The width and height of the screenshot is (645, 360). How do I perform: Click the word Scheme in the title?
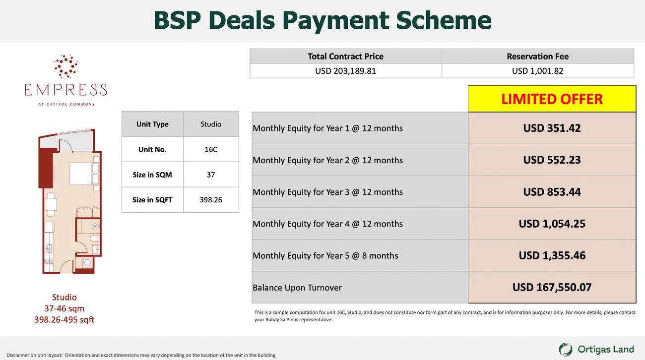coord(444,20)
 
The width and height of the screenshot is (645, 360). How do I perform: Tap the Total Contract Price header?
coord(345,57)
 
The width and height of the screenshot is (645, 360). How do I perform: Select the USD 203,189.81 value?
coord(345,71)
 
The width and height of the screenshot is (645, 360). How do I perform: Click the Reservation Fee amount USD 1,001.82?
coord(538,71)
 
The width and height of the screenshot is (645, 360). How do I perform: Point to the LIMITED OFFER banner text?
coord(552,99)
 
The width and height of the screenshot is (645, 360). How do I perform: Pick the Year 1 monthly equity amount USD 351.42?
coord(552,128)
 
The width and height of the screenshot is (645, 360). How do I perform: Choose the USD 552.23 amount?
coord(552,160)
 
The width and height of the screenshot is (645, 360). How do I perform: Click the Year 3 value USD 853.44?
coord(552,192)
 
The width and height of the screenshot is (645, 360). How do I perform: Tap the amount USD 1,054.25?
coord(552,224)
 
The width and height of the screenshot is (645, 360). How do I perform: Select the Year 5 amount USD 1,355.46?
coord(552,255)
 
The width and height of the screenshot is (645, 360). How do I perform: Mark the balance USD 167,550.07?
coord(552,287)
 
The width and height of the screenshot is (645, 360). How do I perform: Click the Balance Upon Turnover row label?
coord(297,288)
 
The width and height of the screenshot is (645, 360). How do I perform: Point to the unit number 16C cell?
coord(211,149)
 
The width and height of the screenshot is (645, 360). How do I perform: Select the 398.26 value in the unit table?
coord(211,200)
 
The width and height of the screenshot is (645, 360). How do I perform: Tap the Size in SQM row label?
coord(152,175)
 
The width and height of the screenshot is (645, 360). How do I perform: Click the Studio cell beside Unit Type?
coord(211,124)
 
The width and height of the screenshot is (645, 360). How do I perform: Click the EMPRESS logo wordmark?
coord(66,90)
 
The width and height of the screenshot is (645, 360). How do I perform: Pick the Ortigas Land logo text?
coord(605,350)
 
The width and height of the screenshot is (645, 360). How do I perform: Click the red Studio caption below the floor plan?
coord(64,297)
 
